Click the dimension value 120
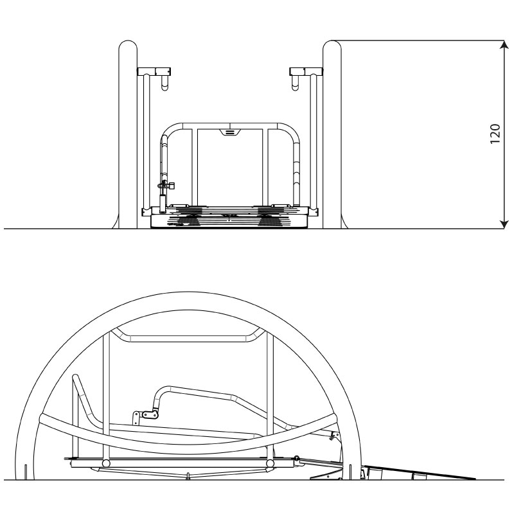pyautogui.click(x=495, y=134)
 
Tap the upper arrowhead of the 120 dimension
pyautogui.click(x=504, y=44)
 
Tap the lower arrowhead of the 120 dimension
pyautogui.click(x=504, y=224)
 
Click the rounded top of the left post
pyautogui.click(x=128, y=45)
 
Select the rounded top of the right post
pyautogui.click(x=332, y=45)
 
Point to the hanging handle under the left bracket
pyautogui.click(x=164, y=83)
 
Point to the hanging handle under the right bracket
pyautogui.click(x=296, y=83)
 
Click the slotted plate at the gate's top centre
pyautogui.click(x=230, y=132)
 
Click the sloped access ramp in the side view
pyautogui.click(x=420, y=472)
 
